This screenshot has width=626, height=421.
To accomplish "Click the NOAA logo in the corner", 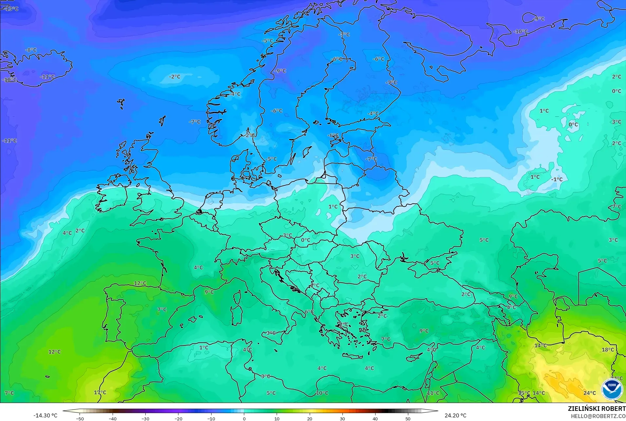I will tap(612, 389).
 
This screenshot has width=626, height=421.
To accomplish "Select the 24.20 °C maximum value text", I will tap(455, 415).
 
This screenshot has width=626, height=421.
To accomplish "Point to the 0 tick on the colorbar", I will tap(244, 418).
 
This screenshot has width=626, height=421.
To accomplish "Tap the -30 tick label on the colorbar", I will tap(145, 418).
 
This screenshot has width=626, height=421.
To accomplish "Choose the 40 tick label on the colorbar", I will tap(375, 418).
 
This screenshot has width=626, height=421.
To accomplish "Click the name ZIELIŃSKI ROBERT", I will tap(597, 409).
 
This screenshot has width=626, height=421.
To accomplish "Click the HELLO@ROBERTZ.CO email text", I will tap(598, 416).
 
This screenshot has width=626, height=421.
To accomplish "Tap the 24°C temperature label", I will tap(590, 393).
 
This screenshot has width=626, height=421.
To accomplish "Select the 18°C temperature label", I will tap(608, 350).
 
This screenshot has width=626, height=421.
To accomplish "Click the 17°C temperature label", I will tap(100, 392).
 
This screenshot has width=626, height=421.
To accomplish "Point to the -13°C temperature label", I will tap(11, 9).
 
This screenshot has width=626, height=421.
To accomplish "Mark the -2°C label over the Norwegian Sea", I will tap(175, 77).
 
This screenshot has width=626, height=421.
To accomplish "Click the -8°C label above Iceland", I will tap(31, 50).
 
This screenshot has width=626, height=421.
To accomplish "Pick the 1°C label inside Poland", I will tap(333, 206).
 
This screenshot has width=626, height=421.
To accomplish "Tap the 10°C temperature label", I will tap(322, 393).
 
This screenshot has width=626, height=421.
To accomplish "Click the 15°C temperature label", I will tap(524, 393).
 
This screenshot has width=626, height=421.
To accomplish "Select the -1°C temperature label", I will tap(557, 179).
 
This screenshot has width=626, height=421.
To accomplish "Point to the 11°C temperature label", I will tap(433, 393).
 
